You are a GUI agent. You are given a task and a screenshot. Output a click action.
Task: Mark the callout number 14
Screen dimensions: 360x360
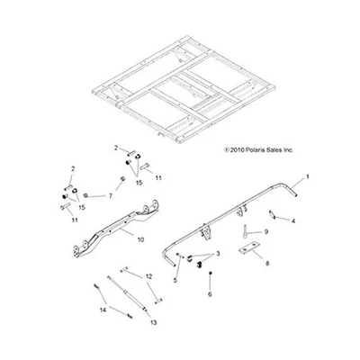[103, 309]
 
